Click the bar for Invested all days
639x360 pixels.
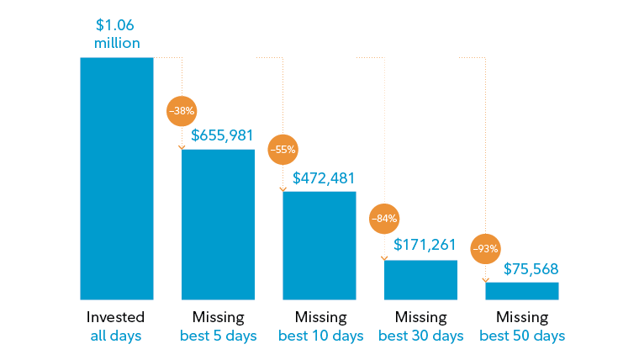[x=116, y=178]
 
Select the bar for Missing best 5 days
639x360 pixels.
[x=218, y=224]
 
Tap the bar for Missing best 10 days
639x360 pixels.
[x=319, y=245]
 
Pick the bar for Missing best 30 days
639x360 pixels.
[x=420, y=279]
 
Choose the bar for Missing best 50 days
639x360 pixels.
[x=521, y=290]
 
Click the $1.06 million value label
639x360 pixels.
[x=116, y=34]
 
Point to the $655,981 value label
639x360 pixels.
[x=223, y=135]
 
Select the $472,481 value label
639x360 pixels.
[x=324, y=177]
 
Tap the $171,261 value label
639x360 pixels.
[x=425, y=246]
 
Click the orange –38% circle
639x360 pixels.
[x=182, y=111]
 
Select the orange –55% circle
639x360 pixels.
[x=283, y=151]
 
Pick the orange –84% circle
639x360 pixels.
[x=384, y=219]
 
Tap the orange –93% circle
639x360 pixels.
[x=485, y=248]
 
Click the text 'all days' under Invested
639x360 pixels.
[x=116, y=336]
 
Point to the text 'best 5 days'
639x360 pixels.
[x=218, y=336]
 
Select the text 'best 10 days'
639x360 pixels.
[x=319, y=336]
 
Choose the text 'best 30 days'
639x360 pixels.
[x=420, y=336]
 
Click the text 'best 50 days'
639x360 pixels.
[x=522, y=336]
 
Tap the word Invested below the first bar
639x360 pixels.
[x=116, y=317]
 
